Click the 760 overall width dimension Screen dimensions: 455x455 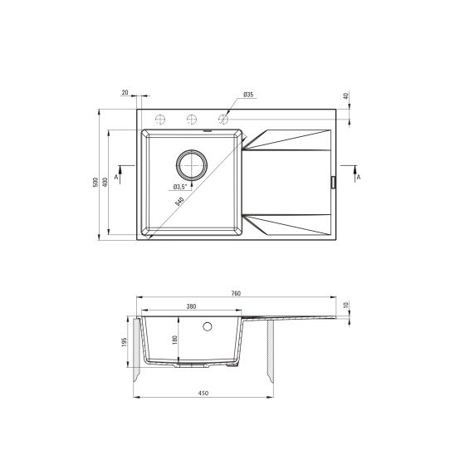[235, 294]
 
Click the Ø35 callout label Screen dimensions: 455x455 [248, 96]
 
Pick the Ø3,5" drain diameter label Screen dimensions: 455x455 [179, 186]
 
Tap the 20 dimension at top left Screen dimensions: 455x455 [125, 93]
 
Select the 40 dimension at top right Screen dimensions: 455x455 [345, 96]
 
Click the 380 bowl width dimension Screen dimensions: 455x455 [191, 307]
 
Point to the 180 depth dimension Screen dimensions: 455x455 [174, 339]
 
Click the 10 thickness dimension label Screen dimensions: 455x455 [345, 306]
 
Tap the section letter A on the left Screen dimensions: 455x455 [117, 178]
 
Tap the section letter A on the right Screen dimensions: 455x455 [357, 178]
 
